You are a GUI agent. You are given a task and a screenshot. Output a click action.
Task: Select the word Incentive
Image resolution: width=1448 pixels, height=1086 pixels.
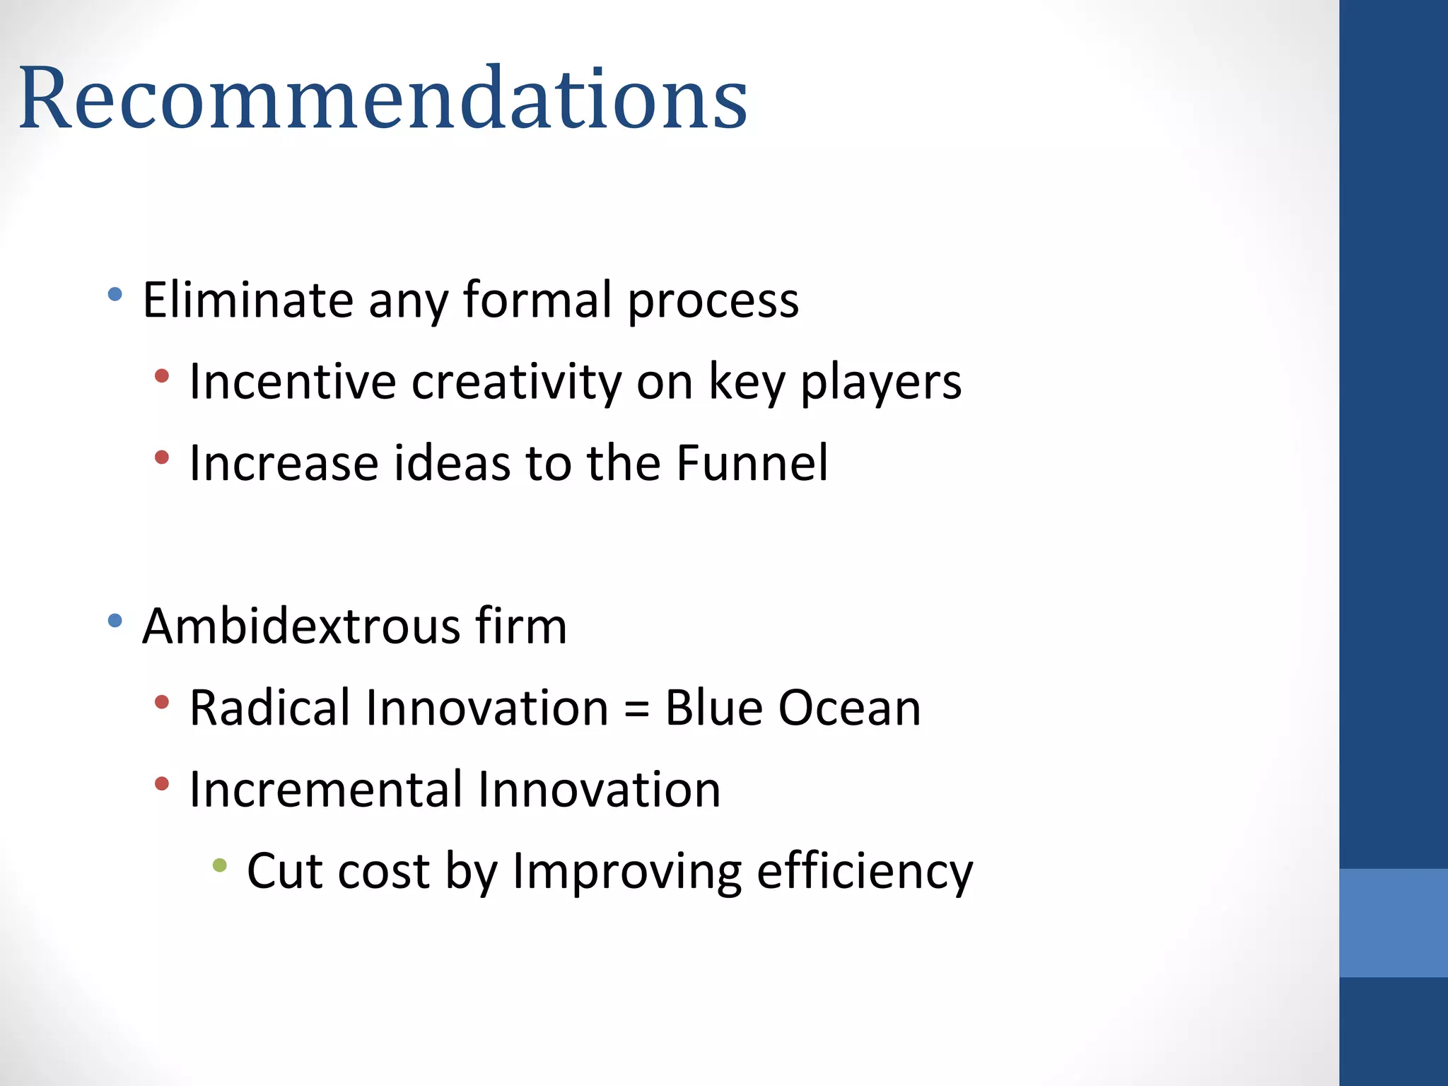click(292, 382)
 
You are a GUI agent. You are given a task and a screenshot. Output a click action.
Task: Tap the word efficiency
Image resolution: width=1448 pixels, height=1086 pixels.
click(865, 872)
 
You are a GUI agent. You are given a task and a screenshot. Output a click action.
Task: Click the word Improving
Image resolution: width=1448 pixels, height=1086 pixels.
click(626, 872)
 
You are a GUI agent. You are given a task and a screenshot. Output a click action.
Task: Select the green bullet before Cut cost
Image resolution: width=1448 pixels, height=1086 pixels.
click(220, 865)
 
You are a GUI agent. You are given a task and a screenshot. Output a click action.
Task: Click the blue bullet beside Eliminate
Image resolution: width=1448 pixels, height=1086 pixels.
click(115, 293)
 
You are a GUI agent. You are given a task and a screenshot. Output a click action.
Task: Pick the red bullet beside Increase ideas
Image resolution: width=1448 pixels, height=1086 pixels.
click(162, 457)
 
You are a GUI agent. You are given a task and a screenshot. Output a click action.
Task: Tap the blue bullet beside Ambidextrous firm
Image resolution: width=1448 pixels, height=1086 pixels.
click(115, 621)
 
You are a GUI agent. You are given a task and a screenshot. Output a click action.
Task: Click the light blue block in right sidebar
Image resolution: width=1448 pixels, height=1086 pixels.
click(1393, 923)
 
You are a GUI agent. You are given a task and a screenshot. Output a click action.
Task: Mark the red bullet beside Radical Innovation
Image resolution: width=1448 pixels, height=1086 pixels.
click(162, 702)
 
